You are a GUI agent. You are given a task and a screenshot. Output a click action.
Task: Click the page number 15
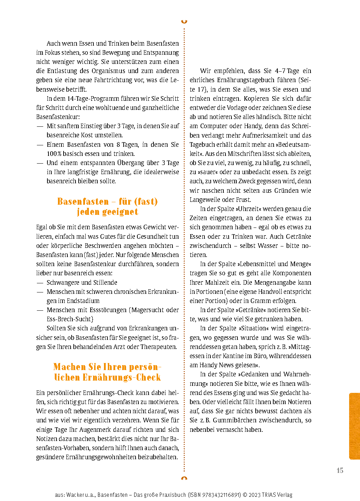pyautogui.click(x=340, y=470)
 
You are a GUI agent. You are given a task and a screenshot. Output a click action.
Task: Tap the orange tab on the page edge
pyautogui.click(x=354, y=426)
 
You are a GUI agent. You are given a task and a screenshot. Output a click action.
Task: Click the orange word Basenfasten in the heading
pyautogui.click(x=83, y=202)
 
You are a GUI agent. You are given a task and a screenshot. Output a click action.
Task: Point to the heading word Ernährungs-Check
pyautogui.click(x=122, y=377)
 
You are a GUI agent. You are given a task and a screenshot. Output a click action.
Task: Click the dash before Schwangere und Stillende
pyautogui.click(x=40, y=283)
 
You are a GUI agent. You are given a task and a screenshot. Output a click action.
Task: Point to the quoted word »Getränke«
pyautogui.click(x=253, y=310)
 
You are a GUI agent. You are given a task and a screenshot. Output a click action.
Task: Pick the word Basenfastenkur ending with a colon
pyautogui.click(x=58, y=117)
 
